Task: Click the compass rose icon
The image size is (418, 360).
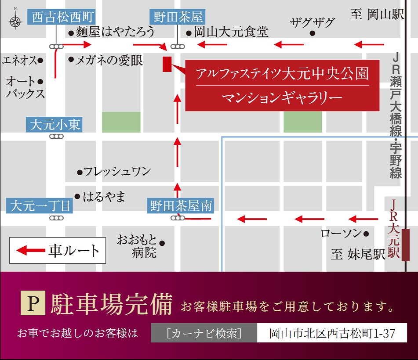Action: point(15,20)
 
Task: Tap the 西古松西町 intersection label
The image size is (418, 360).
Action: point(57,18)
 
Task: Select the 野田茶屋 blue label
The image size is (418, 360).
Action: point(178,18)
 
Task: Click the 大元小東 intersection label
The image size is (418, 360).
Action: point(55,125)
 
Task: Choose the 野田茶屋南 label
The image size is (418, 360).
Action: point(181,206)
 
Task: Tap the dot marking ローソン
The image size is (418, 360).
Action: point(366,233)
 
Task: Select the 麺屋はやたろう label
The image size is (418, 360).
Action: point(115,32)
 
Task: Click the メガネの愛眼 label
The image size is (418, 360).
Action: point(109,60)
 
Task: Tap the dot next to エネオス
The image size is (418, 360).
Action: point(40,60)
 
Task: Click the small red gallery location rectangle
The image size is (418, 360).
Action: point(167,64)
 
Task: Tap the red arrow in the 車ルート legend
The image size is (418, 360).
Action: point(31,251)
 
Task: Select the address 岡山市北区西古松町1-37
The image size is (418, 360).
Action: point(332,333)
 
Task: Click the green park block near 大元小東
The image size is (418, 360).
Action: point(121,122)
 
